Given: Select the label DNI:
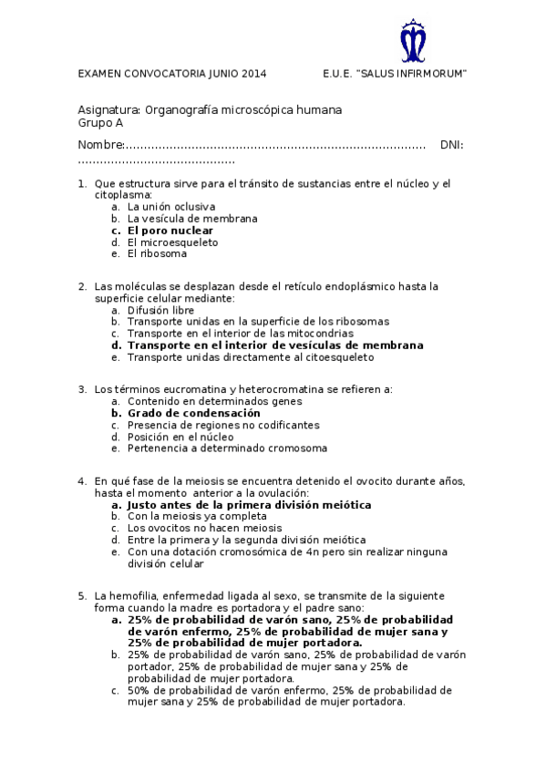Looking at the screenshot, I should point(451,145).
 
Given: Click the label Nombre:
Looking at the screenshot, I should point(100,145).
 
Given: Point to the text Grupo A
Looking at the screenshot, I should point(100,123).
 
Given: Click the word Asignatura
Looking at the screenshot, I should point(109,110).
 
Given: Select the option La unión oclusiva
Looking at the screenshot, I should point(171,207).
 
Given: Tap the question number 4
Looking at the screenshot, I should point(82,481).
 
